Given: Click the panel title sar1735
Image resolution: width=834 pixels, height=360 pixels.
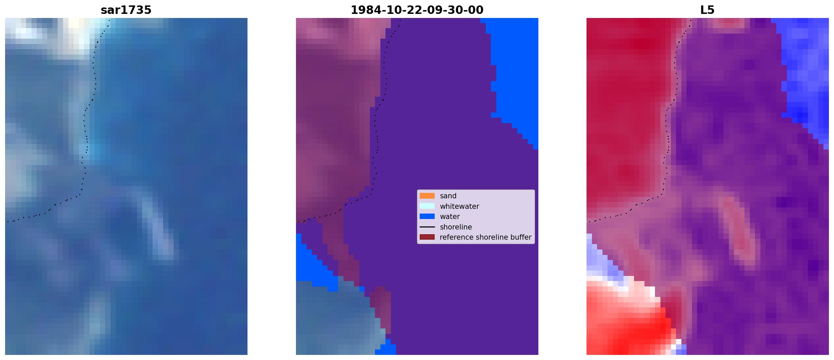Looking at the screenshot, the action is (x=126, y=10).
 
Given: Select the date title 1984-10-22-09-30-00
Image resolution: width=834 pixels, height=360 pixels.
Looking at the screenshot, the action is (x=417, y=10).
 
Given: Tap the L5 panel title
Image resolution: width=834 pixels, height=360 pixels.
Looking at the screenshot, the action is (x=707, y=10).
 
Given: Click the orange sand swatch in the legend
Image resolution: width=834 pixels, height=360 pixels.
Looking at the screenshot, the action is (x=427, y=196).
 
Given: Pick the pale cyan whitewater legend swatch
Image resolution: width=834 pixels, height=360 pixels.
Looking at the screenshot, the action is (x=427, y=206).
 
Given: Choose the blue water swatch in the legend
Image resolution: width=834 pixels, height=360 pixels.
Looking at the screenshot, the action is (x=427, y=216).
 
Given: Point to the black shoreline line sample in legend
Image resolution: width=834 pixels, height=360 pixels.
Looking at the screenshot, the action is (x=427, y=227).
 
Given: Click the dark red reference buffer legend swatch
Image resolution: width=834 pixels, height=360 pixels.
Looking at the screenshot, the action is (x=427, y=237).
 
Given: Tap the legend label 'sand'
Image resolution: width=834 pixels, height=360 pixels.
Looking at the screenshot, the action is (x=448, y=196).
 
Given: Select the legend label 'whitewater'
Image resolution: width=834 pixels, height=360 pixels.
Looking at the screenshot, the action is (x=459, y=206).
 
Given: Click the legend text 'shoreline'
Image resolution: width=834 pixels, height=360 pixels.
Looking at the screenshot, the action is (x=456, y=227).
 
